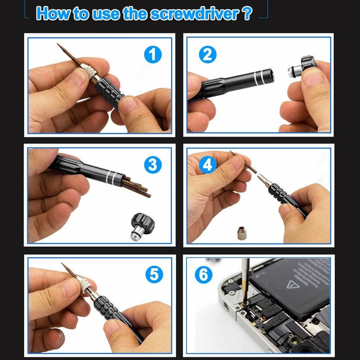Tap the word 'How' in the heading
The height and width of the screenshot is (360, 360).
(x=53, y=13)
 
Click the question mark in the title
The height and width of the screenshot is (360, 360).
(x=247, y=13)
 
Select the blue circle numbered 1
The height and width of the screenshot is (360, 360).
(x=153, y=54)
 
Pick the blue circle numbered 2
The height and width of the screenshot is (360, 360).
(x=207, y=54)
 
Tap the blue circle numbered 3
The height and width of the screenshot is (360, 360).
(x=153, y=165)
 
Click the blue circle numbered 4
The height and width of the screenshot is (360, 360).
(x=207, y=165)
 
